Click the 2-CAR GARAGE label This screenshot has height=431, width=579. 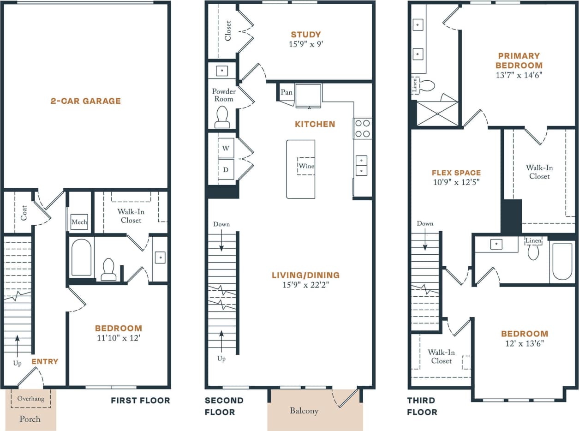85,101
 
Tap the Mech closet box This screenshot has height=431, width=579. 79,222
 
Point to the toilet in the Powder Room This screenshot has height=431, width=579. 222,117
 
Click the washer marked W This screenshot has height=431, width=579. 226,148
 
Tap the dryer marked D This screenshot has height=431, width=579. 226,169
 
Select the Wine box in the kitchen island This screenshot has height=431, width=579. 306,166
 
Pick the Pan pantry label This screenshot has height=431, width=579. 287,92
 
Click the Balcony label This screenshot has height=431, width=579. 304,411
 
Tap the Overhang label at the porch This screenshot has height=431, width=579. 31,398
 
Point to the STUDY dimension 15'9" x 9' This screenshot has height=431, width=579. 306,44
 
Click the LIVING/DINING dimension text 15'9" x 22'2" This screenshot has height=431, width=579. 305,285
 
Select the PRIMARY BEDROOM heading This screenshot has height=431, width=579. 519,60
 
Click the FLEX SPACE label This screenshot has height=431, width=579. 456,173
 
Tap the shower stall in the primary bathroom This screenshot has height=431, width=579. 437,114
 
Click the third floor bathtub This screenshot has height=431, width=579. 562,261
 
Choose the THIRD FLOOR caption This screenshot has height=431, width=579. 422,406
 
